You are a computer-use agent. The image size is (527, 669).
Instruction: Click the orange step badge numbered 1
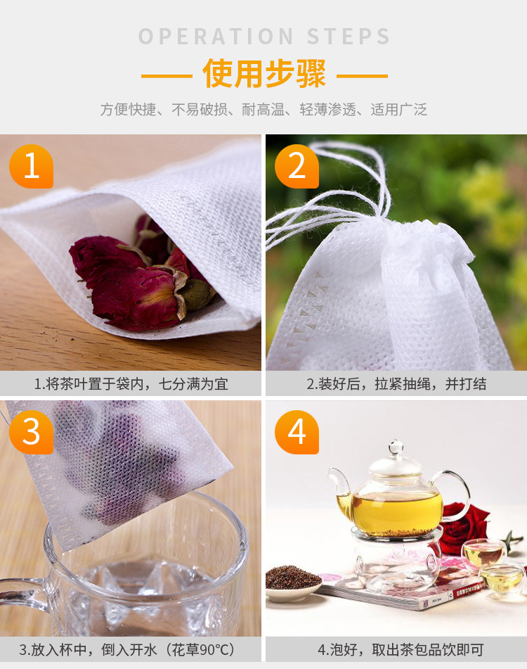point(31,167)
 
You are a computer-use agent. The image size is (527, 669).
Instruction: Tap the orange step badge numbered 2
point(297,167)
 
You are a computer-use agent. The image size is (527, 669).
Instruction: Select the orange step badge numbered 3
point(31,432)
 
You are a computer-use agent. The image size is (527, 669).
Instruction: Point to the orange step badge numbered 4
point(297,432)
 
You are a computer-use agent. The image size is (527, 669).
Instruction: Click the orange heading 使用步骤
point(264,75)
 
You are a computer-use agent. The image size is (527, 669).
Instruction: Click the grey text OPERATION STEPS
point(264,37)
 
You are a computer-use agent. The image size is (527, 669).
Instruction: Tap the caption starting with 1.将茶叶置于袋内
point(131,384)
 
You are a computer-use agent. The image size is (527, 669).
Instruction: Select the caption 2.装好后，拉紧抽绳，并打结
point(396,384)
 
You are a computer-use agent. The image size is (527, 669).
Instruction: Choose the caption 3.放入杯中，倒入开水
point(131,649)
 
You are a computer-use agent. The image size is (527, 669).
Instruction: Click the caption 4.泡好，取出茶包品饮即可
point(396,649)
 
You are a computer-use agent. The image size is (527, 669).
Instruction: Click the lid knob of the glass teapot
point(396,447)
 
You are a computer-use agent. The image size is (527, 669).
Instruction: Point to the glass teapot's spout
point(341,485)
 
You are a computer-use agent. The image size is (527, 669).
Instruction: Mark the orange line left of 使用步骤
point(167,75)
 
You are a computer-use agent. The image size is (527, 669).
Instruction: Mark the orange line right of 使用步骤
point(362,75)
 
